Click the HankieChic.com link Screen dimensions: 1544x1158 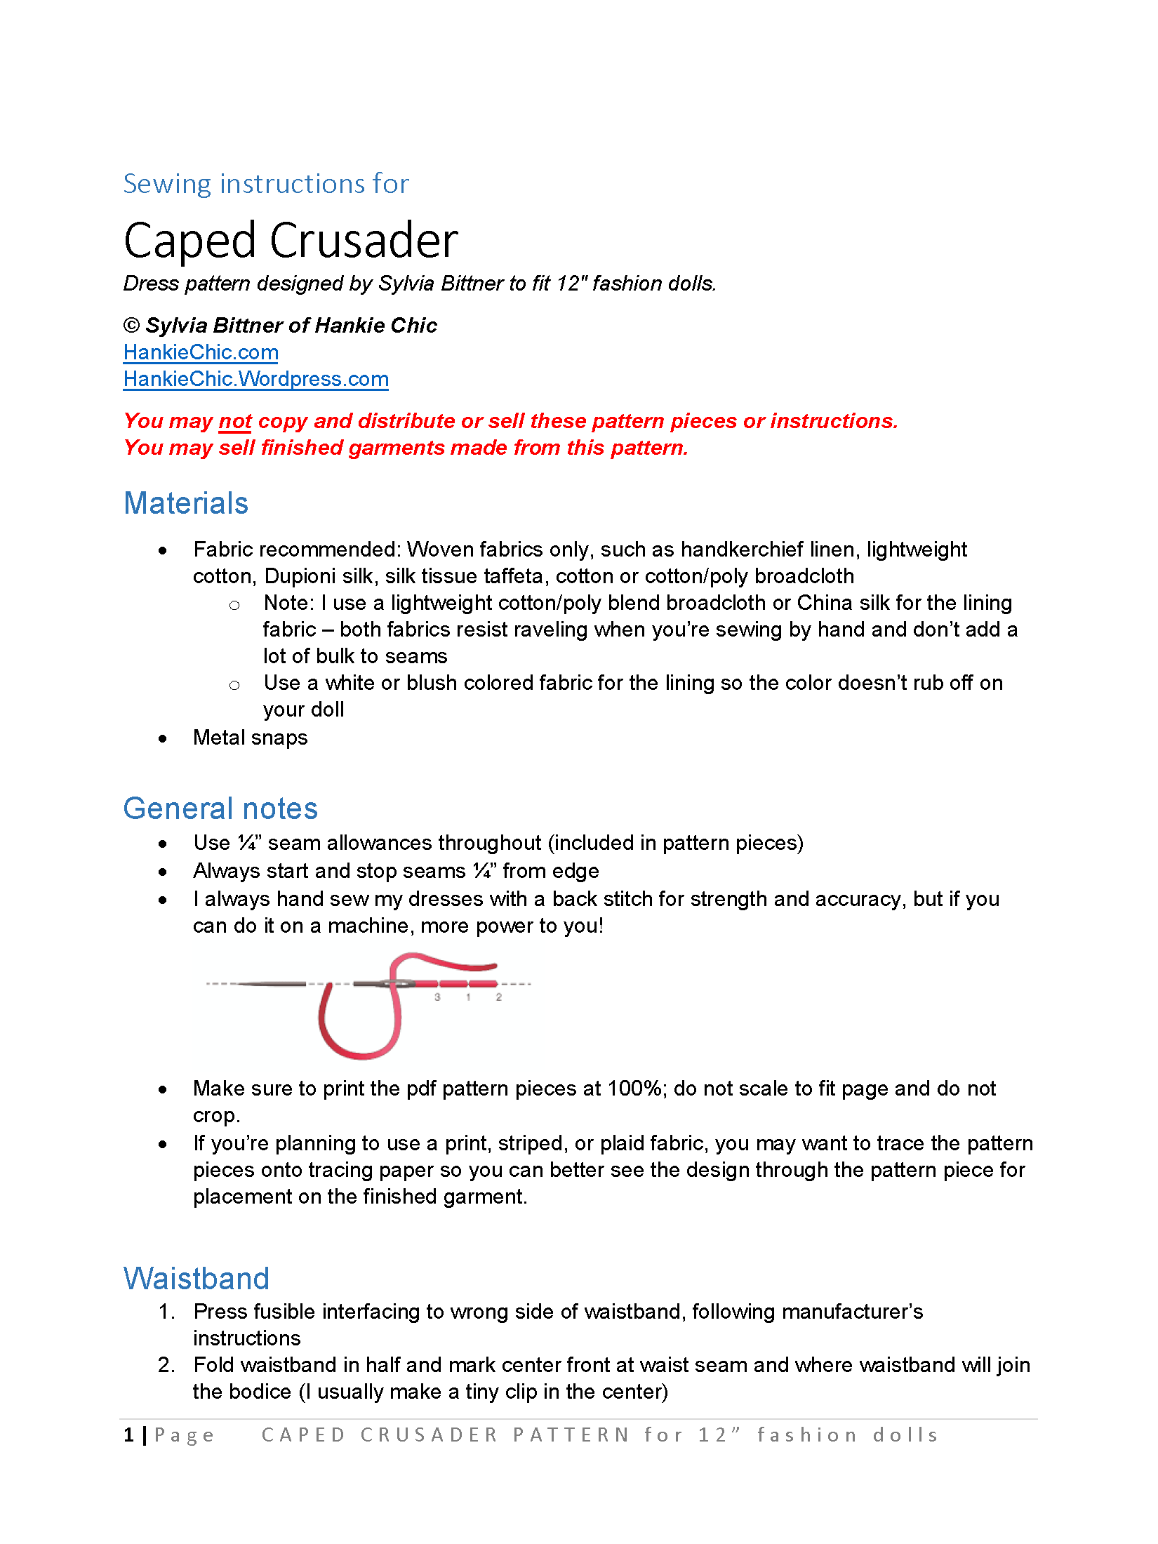pyautogui.click(x=201, y=352)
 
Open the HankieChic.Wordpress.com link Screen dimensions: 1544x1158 pyautogui.click(x=255, y=379)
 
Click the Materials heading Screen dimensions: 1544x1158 pyautogui.click(x=186, y=503)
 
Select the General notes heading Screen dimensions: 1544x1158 pyautogui.click(x=220, y=808)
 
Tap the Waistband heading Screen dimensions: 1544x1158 pyautogui.click(x=197, y=1279)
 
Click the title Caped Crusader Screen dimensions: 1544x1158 pyautogui.click(x=291, y=241)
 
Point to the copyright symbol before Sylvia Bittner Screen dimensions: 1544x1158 pyautogui.click(x=131, y=326)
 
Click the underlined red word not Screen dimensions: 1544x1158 pyautogui.click(x=234, y=421)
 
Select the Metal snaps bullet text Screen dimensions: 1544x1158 pyautogui.click(x=251, y=738)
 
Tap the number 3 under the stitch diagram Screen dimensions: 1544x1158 pyautogui.click(x=437, y=997)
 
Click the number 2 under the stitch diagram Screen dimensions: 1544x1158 pyautogui.click(x=499, y=997)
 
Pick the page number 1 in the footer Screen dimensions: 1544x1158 pyautogui.click(x=129, y=1435)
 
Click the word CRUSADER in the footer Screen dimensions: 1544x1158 pyautogui.click(x=429, y=1435)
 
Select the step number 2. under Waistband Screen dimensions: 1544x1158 pyautogui.click(x=167, y=1365)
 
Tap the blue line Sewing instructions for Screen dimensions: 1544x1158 pyautogui.click(x=266, y=184)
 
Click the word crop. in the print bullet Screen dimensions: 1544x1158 pyautogui.click(x=217, y=1115)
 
